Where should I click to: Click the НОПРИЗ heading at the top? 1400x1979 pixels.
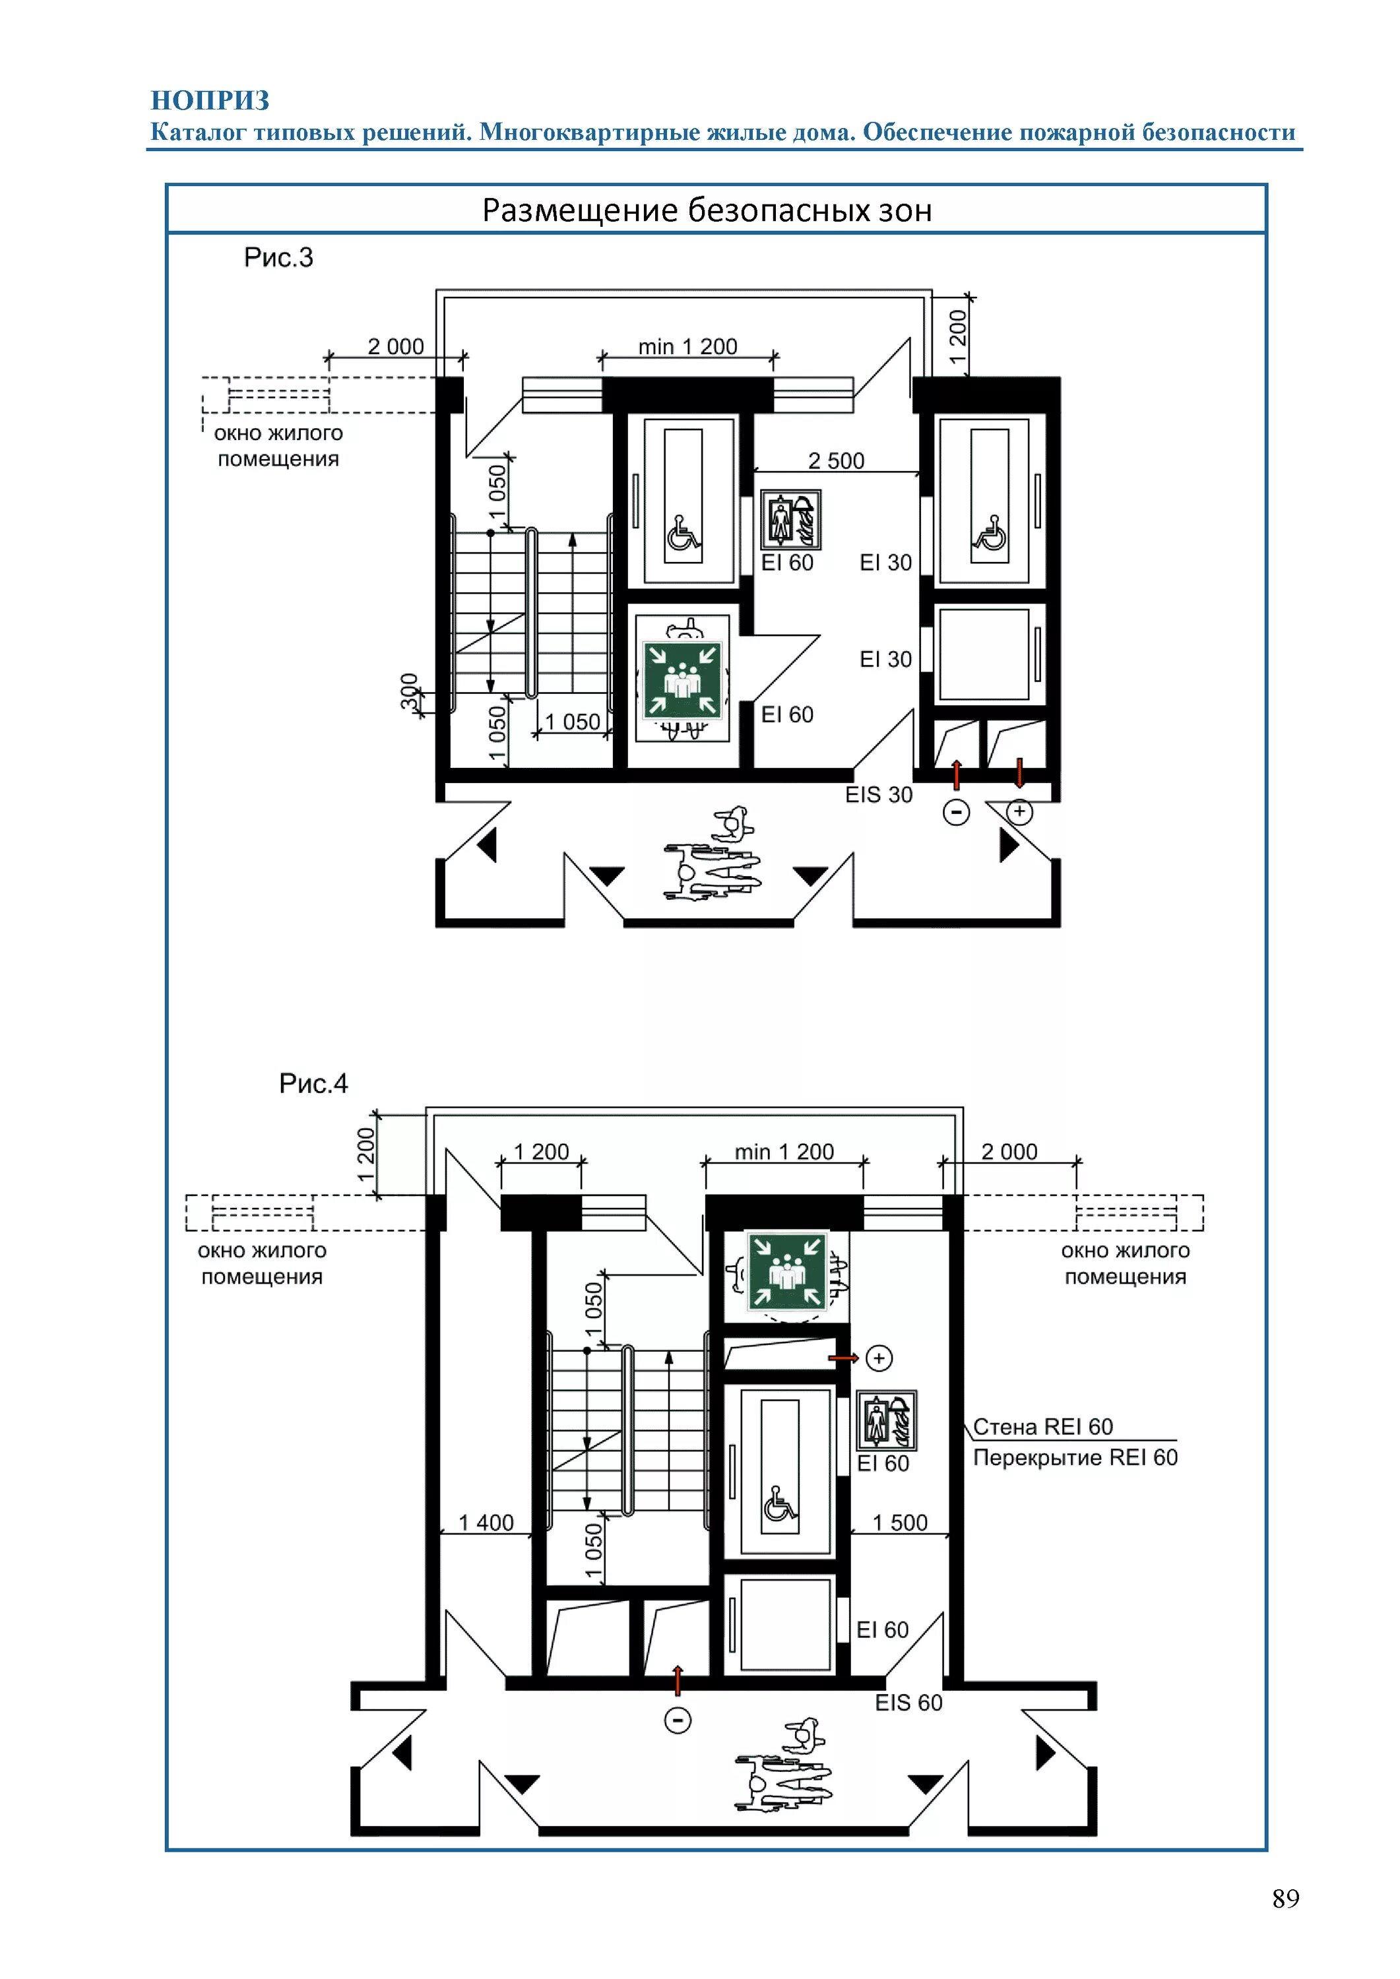[x=210, y=101]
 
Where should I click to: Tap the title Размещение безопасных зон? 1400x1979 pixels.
[x=707, y=210]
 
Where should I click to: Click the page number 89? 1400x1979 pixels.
[x=1285, y=1898]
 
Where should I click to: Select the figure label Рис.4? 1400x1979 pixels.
[x=313, y=1083]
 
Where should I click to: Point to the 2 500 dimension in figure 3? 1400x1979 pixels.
[x=836, y=460]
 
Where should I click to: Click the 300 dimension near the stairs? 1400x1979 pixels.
[x=410, y=691]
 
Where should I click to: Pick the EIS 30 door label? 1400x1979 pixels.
[x=878, y=795]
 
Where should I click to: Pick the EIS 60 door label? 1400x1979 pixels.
[x=908, y=1703]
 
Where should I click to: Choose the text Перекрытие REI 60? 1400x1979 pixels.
[x=1075, y=1457]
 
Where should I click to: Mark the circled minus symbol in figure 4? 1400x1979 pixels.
[x=678, y=1721]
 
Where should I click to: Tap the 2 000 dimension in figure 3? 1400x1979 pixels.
[x=396, y=346]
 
